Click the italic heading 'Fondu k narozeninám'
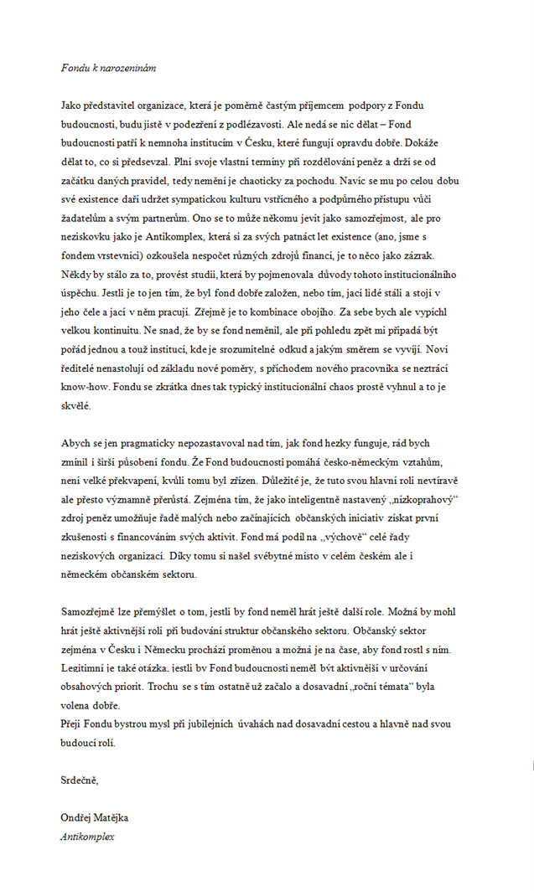coord(108,67)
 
